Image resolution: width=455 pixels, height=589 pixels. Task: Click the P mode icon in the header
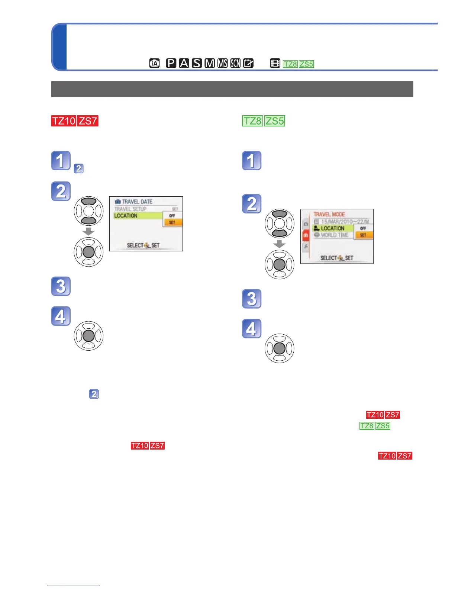click(x=171, y=63)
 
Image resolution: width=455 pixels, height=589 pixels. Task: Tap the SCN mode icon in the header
click(x=235, y=63)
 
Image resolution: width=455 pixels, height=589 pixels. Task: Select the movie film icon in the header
click(x=275, y=64)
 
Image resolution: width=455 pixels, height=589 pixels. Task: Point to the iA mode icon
click(x=154, y=64)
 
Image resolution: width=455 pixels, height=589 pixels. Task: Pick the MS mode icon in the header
click(x=223, y=63)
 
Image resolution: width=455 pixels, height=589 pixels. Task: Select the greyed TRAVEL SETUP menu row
click(x=130, y=209)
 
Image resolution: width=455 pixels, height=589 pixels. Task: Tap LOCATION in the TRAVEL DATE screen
click(x=126, y=216)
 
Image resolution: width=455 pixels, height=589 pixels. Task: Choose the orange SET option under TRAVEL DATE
click(x=172, y=222)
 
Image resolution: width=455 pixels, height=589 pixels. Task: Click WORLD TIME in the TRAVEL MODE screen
click(x=335, y=235)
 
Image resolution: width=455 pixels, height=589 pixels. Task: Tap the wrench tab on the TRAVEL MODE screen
click(x=306, y=246)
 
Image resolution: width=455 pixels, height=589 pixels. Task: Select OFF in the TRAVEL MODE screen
click(x=363, y=228)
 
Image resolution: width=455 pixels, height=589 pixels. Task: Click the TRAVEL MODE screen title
click(x=329, y=214)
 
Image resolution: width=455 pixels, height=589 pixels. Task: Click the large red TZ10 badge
click(x=64, y=121)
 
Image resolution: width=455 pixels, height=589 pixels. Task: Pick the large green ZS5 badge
click(x=275, y=121)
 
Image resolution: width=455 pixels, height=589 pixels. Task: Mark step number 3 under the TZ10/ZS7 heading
click(x=61, y=286)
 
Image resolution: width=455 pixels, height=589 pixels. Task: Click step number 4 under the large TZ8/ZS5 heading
click(x=252, y=329)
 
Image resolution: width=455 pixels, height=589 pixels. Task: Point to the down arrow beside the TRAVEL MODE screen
click(x=279, y=244)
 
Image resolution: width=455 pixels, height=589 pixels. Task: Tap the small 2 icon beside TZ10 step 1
click(x=78, y=168)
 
